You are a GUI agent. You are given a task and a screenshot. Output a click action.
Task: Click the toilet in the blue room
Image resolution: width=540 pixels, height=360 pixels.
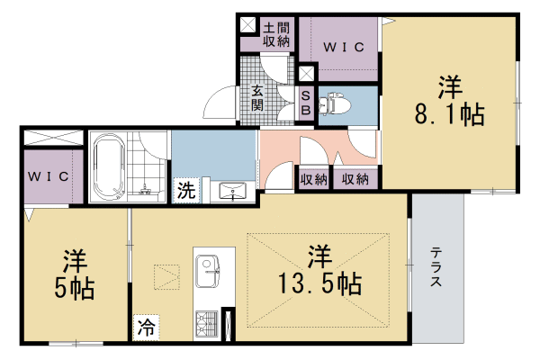tap(335, 103)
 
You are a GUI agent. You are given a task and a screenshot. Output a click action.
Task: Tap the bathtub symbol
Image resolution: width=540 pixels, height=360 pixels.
tap(109, 167)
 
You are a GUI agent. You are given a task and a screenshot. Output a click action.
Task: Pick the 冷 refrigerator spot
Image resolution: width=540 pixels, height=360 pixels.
tap(146, 328)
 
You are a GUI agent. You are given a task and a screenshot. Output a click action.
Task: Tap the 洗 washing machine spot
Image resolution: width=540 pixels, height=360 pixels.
tap(186, 190)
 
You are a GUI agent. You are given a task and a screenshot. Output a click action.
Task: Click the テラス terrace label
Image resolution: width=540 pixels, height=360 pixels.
tap(436, 267)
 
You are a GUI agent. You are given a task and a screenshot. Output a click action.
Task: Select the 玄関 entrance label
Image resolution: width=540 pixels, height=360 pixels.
tap(257, 97)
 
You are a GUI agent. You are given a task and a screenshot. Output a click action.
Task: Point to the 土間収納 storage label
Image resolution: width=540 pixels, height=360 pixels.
tap(276, 34)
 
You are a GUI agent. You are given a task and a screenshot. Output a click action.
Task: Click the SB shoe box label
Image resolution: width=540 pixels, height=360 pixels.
tap(306, 103)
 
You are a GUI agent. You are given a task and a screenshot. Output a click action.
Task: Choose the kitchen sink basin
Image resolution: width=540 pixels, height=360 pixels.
tap(208, 271)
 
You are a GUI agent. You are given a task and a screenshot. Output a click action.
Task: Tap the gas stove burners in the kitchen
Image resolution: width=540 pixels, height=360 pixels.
tap(207, 323)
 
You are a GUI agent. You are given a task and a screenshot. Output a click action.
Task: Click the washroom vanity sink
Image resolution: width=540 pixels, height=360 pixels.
tap(233, 191)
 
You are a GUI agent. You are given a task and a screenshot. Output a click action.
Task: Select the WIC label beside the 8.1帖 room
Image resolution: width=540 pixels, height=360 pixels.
tap(344, 47)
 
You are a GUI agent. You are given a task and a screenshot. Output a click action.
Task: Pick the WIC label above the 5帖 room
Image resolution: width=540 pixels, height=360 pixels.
tap(49, 176)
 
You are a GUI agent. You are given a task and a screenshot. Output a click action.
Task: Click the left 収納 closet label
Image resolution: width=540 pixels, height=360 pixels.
tap(313, 179)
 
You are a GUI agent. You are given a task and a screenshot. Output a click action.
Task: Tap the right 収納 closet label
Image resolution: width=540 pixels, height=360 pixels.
tap(355, 179)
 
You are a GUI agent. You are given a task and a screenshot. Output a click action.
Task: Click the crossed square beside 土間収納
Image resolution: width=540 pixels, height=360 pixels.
tap(248, 25)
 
